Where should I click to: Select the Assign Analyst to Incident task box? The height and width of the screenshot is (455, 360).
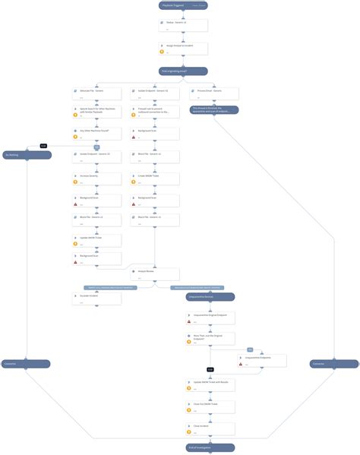click(x=182, y=48)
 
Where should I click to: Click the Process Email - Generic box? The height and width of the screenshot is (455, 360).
click(x=214, y=93)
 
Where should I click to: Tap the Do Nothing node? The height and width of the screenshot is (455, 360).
click(x=27, y=154)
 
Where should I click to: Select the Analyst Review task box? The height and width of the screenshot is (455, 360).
click(x=155, y=272)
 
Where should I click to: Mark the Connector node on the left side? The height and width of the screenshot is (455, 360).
click(x=27, y=365)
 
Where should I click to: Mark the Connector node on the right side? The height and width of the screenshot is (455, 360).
click(x=334, y=365)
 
